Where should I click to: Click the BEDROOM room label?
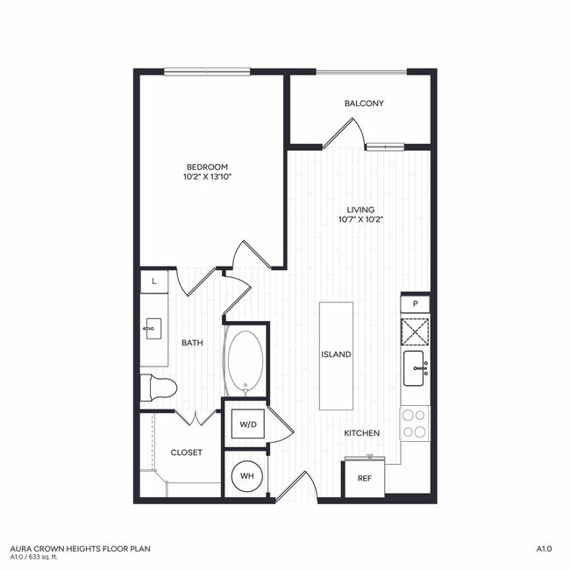(x=207, y=167)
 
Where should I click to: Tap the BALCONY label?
(x=363, y=103)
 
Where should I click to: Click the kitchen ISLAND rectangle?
(x=336, y=354)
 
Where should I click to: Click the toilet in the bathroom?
(x=160, y=385)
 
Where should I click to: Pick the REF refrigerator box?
(x=363, y=479)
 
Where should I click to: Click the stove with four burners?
(x=414, y=423)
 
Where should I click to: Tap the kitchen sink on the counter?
(x=415, y=368)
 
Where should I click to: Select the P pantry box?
(x=415, y=303)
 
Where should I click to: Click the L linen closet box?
(x=154, y=281)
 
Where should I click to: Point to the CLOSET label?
(x=186, y=452)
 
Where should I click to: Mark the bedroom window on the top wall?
(x=208, y=72)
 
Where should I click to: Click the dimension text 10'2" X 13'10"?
(x=207, y=177)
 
